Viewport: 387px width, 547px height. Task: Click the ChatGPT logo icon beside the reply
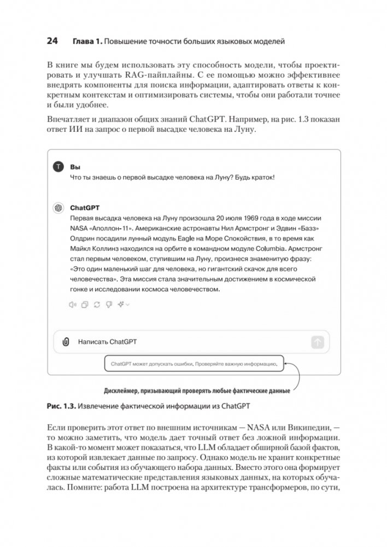(x=58, y=208)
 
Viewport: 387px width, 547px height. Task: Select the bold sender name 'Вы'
(x=75, y=166)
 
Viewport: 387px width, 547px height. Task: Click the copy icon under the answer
(x=85, y=305)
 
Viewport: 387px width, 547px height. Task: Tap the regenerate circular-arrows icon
(x=97, y=305)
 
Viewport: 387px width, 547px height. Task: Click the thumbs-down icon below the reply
(x=109, y=305)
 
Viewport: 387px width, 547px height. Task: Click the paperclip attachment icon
(x=66, y=342)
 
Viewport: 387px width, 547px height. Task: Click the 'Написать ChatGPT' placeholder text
(x=107, y=342)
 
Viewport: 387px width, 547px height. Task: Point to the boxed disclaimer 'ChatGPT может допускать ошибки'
(x=194, y=363)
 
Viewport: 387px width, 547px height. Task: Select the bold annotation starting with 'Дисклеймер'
(x=196, y=391)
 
